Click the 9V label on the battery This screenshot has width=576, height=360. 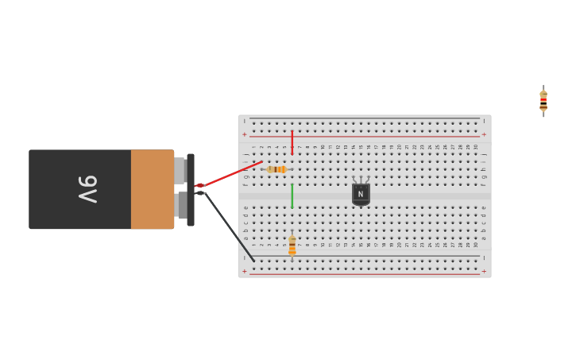87,189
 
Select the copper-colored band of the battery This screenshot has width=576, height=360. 152,189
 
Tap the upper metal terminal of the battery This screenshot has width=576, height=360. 180,170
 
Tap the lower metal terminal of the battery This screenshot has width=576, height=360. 182,205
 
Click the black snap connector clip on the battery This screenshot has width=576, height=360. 191,189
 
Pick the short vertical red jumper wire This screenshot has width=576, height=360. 292,142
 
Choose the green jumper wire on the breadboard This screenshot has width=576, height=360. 292,195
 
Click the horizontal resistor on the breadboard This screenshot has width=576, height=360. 276,169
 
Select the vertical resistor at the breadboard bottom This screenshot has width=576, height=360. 292,245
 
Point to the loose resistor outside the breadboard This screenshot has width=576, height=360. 543,101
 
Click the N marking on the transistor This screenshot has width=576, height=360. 361,194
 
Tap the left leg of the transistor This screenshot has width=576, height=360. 354,180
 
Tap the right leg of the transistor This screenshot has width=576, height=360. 367,180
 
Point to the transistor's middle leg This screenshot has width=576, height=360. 361,180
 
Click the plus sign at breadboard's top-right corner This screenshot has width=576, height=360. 484,134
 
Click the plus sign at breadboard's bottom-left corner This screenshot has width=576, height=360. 245,271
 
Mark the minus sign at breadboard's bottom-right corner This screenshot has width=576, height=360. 484,258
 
